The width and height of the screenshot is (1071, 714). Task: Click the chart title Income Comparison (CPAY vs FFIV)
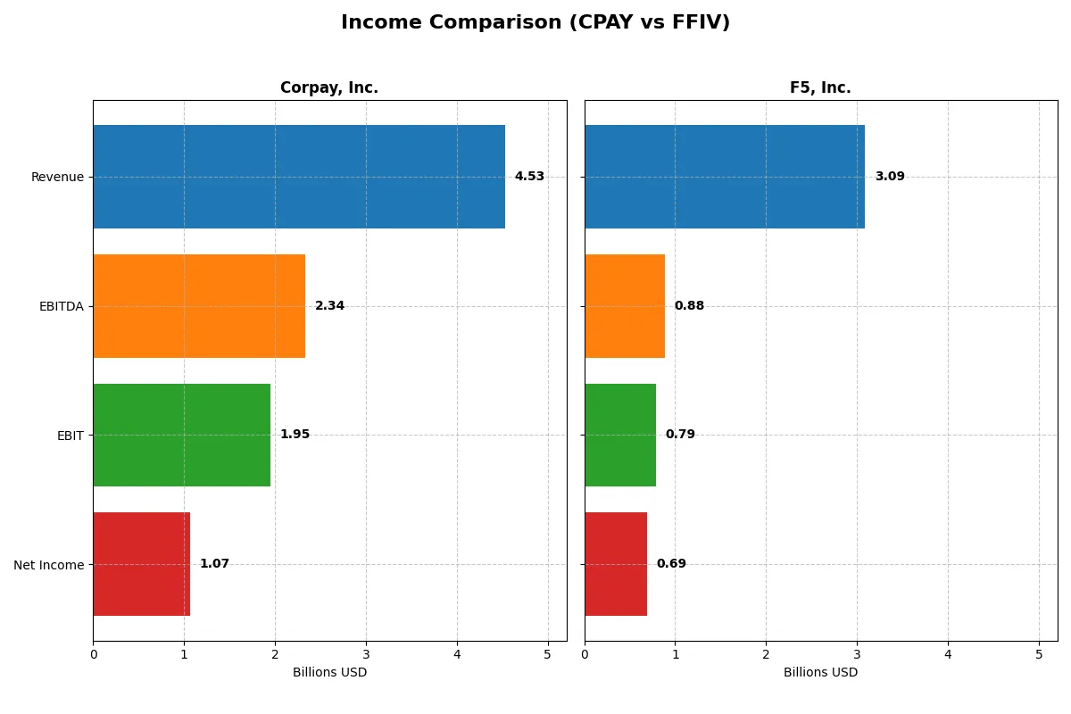click(x=535, y=23)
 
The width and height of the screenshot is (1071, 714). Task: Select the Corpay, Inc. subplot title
click(x=329, y=88)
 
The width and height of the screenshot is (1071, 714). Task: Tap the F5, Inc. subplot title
click(x=820, y=88)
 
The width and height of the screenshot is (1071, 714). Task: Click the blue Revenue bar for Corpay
click(x=299, y=177)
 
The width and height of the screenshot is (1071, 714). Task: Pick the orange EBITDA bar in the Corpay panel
click(x=199, y=306)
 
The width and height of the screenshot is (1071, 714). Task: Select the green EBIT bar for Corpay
click(x=181, y=435)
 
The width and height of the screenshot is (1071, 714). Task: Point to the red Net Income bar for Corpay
click(x=141, y=564)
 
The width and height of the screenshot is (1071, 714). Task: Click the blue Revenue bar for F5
click(x=725, y=177)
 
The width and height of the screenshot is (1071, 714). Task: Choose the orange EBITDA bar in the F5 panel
click(x=625, y=306)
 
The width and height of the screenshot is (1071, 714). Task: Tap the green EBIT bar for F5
click(x=620, y=435)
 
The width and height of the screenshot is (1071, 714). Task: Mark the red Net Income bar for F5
click(x=616, y=564)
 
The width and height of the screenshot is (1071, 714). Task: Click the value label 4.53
click(x=529, y=177)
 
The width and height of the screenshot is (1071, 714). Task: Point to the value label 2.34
click(x=329, y=306)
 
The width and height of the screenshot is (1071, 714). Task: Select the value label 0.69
click(x=671, y=564)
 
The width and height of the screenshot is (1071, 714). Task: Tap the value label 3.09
click(x=890, y=177)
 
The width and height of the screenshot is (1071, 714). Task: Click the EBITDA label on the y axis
click(x=61, y=306)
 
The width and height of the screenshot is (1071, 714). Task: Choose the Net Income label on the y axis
click(x=49, y=564)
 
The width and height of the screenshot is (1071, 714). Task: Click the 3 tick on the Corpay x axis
click(x=366, y=654)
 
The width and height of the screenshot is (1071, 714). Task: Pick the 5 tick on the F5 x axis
click(x=1039, y=654)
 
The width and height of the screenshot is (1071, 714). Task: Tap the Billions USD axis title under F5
click(x=820, y=673)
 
